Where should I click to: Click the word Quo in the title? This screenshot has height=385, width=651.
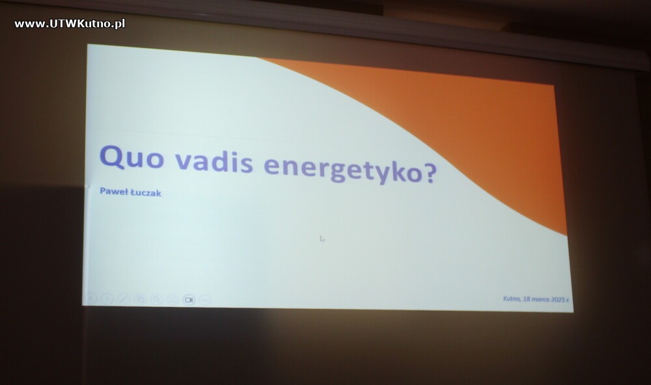(132, 157)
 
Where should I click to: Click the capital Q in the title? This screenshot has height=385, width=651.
(112, 157)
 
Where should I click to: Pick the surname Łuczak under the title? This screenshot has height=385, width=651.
(146, 192)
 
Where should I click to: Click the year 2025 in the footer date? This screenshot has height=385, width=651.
(558, 299)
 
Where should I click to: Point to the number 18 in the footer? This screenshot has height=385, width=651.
(527, 299)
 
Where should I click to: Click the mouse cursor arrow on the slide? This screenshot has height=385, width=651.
(322, 239)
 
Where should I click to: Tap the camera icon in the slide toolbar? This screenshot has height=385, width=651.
(189, 300)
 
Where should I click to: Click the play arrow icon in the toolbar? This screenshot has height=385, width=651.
(107, 299)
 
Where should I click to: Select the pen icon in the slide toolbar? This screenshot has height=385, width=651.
(124, 299)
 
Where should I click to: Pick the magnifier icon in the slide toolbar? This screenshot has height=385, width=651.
(156, 299)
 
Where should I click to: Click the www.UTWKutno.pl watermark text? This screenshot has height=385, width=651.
(70, 24)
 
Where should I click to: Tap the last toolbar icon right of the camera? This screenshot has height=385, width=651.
(205, 300)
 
